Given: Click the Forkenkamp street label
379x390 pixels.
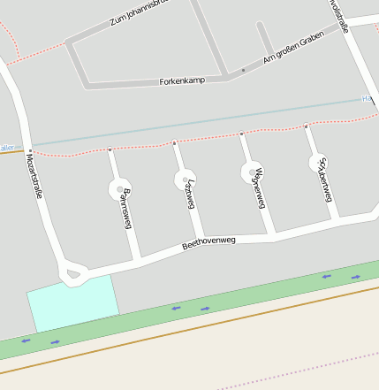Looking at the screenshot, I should click(x=182, y=80).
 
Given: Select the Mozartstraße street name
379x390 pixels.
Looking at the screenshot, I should click(x=35, y=177).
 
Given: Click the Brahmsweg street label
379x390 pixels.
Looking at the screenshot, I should click(x=126, y=209).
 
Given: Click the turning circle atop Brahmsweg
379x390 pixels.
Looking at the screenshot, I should click(x=119, y=188).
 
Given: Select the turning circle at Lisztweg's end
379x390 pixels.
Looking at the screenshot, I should click(x=180, y=180).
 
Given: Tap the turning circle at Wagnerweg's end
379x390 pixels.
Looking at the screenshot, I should click(x=252, y=172).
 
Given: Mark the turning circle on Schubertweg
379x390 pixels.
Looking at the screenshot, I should click(x=318, y=163).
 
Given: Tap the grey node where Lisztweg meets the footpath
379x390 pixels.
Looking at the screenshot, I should click(x=175, y=142).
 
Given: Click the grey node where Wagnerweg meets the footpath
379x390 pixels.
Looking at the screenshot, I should click(x=241, y=134).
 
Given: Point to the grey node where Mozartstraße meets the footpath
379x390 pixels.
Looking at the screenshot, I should click(x=29, y=149).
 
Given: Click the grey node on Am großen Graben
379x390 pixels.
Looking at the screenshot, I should click(x=243, y=70).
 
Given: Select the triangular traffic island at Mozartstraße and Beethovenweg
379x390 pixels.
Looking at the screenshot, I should click(x=73, y=275).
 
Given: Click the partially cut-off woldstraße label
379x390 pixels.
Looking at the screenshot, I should click(x=339, y=16).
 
